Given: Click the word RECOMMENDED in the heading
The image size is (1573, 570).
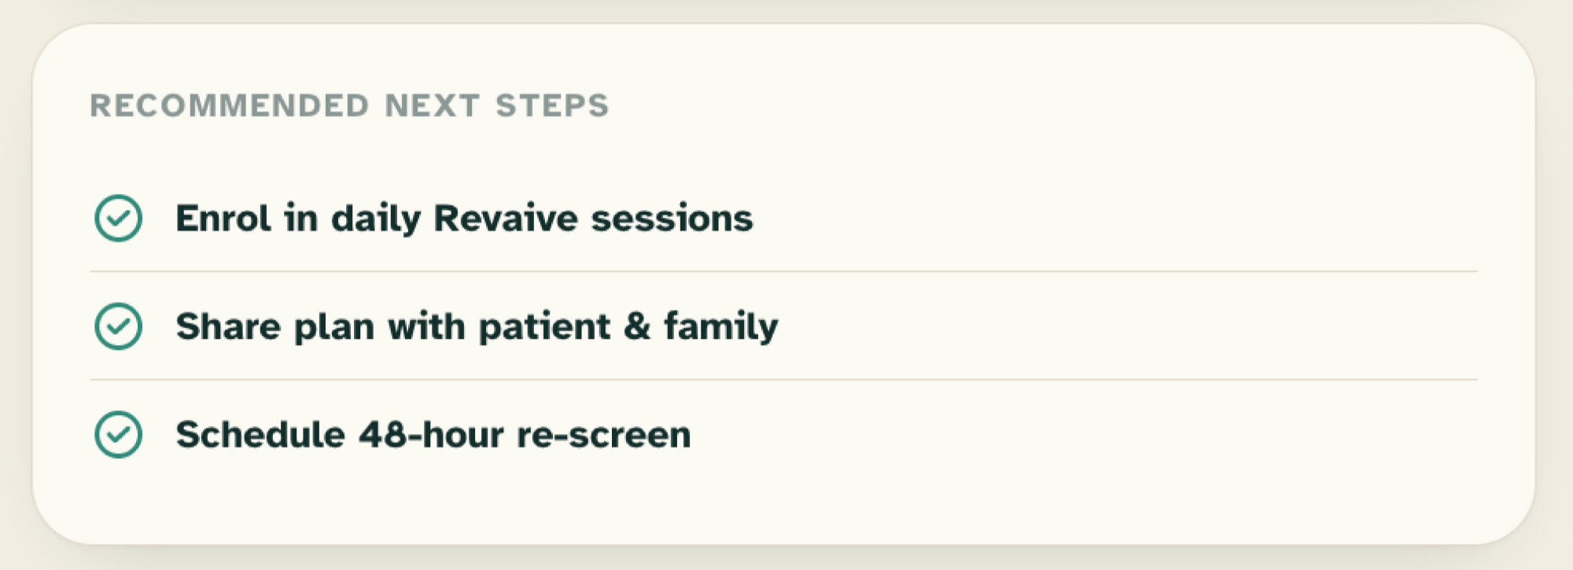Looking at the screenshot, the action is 230,105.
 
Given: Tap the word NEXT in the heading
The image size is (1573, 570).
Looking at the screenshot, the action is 432,105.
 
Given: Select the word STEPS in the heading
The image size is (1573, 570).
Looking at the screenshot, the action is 552,105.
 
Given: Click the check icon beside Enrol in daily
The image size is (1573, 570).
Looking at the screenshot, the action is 118,218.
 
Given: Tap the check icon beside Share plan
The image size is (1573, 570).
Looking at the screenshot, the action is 118,326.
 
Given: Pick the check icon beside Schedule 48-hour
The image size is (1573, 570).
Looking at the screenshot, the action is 118,434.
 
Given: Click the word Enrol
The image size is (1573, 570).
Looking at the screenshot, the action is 223,218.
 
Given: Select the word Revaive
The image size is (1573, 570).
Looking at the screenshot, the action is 506,218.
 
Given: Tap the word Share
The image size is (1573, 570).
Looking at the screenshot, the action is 228,326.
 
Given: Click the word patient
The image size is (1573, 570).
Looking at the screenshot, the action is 544,327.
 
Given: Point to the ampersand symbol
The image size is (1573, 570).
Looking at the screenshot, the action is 637,326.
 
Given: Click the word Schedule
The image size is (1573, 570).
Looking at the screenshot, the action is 260,434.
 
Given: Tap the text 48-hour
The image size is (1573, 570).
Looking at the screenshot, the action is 431,434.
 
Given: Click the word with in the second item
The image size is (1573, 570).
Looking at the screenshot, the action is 426,326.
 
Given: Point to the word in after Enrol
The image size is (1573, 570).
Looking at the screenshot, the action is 301,218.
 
